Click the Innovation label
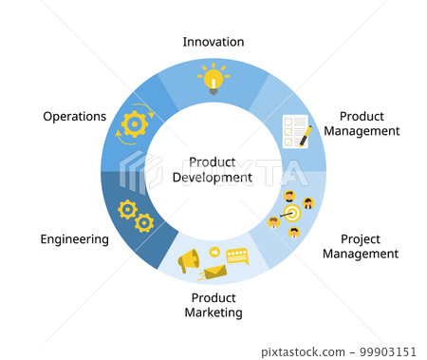[x=213, y=42]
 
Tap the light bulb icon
[x=213, y=78]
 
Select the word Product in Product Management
[x=360, y=115]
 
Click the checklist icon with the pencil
[x=297, y=130]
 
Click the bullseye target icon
[x=291, y=213]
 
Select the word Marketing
[x=213, y=313]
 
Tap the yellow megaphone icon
[x=189, y=259]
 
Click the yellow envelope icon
[x=213, y=274]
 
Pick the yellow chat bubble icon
[x=235, y=255]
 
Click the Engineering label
[x=74, y=239]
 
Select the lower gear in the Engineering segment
[x=144, y=223]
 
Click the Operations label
[x=74, y=117]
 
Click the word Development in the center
[x=213, y=177]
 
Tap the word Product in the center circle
[x=213, y=161]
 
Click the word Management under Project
[x=360, y=254]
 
